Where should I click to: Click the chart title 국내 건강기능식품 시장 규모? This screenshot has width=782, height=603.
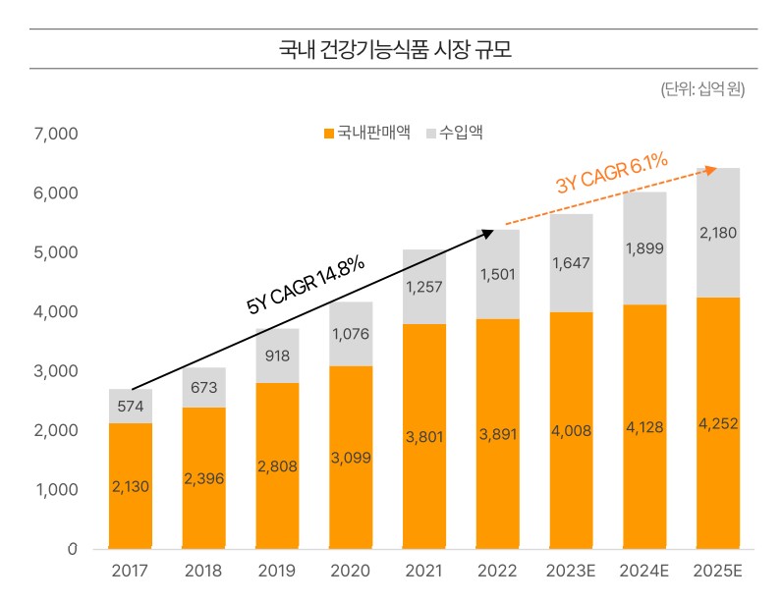tap(395, 49)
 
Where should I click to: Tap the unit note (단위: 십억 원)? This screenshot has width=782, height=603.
tap(702, 89)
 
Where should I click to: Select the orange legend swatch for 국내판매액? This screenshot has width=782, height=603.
tap(329, 134)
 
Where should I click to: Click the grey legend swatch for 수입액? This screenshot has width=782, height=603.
tap(431, 134)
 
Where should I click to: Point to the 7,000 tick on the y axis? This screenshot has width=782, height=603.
tap(56, 134)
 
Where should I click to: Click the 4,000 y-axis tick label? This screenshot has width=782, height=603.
tap(56, 311)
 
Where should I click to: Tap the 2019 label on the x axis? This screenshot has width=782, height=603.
tap(276, 571)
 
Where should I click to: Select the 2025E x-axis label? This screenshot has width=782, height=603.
tap(718, 571)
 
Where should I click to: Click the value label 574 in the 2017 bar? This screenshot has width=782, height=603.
tap(130, 406)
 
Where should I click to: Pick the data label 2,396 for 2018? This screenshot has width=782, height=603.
tap(204, 479)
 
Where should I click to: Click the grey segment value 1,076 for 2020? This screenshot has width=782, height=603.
tap(351, 334)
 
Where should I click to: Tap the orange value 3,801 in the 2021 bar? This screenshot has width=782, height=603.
tap(424, 437)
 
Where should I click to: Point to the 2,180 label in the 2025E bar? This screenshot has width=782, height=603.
tap(718, 233)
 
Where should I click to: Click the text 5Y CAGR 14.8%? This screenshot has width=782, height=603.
tap(306, 285)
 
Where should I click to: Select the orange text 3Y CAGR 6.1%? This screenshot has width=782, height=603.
tap(612, 173)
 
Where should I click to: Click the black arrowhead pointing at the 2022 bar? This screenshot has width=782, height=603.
tap(487, 234)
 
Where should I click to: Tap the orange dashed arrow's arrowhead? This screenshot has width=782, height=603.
tap(710, 170)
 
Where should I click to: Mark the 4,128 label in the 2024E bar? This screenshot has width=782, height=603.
tap(644, 427)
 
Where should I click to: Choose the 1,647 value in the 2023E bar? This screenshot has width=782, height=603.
tap(571, 263)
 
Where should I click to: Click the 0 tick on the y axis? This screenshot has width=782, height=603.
tap(73, 549)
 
